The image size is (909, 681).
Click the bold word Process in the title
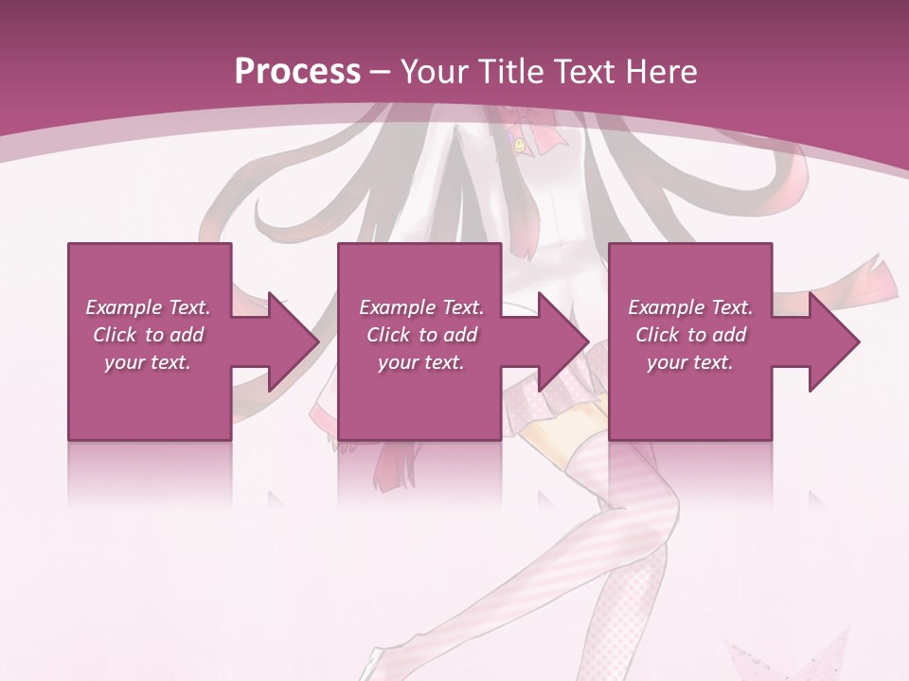coord(297,71)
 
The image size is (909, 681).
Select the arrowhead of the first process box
coord(290,341)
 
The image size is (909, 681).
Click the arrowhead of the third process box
coord(831,341)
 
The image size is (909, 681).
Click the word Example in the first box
coord(122,307)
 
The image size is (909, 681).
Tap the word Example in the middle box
coord(396,307)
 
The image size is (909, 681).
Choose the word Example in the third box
coord(665,307)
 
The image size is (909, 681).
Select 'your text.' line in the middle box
coord(420,362)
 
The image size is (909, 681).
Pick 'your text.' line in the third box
coord(689,362)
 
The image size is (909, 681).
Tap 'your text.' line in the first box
coord(147,362)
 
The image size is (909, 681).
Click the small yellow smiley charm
coord(520,146)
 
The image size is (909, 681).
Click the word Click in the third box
coord(658,335)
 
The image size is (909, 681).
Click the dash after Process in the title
coord(381,73)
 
